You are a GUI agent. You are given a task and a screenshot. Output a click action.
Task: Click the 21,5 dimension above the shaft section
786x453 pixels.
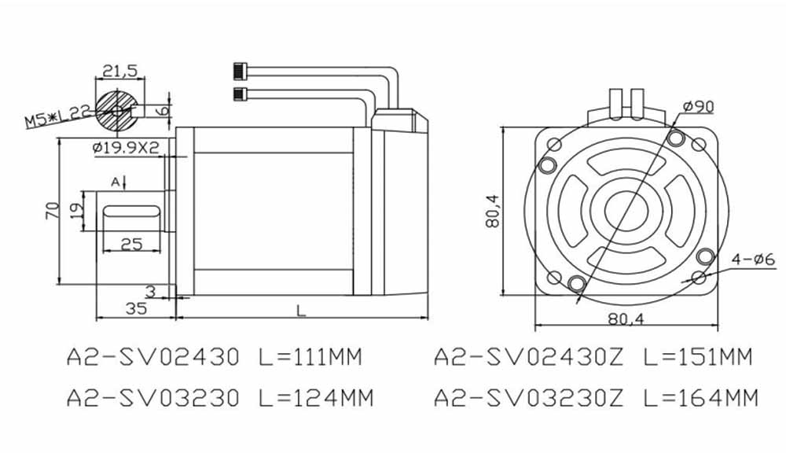coord(120,71)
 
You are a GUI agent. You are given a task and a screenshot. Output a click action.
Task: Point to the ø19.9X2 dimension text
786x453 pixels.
coord(125,147)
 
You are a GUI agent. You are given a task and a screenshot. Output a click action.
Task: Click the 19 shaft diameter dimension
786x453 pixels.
coord(76,210)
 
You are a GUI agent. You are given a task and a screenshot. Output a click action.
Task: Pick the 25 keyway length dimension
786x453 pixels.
coord(131,244)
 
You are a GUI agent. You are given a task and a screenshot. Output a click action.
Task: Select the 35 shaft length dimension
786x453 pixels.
coord(135,308)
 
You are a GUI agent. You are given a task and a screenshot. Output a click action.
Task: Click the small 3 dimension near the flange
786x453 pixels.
coord(151,291)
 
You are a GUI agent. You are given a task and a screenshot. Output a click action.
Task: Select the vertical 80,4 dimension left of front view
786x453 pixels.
coord(493,211)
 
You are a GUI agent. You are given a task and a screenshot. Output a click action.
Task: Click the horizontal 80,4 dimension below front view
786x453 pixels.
coord(626,319)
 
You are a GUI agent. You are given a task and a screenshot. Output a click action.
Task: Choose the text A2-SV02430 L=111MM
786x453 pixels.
coord(212,358)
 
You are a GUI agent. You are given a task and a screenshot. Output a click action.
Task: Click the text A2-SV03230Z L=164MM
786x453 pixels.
coord(596,398)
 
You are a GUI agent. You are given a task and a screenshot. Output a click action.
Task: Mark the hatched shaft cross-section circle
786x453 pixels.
coord(118,109)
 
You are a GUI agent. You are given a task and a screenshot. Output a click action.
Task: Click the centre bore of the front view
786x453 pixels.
coord(626,212)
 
